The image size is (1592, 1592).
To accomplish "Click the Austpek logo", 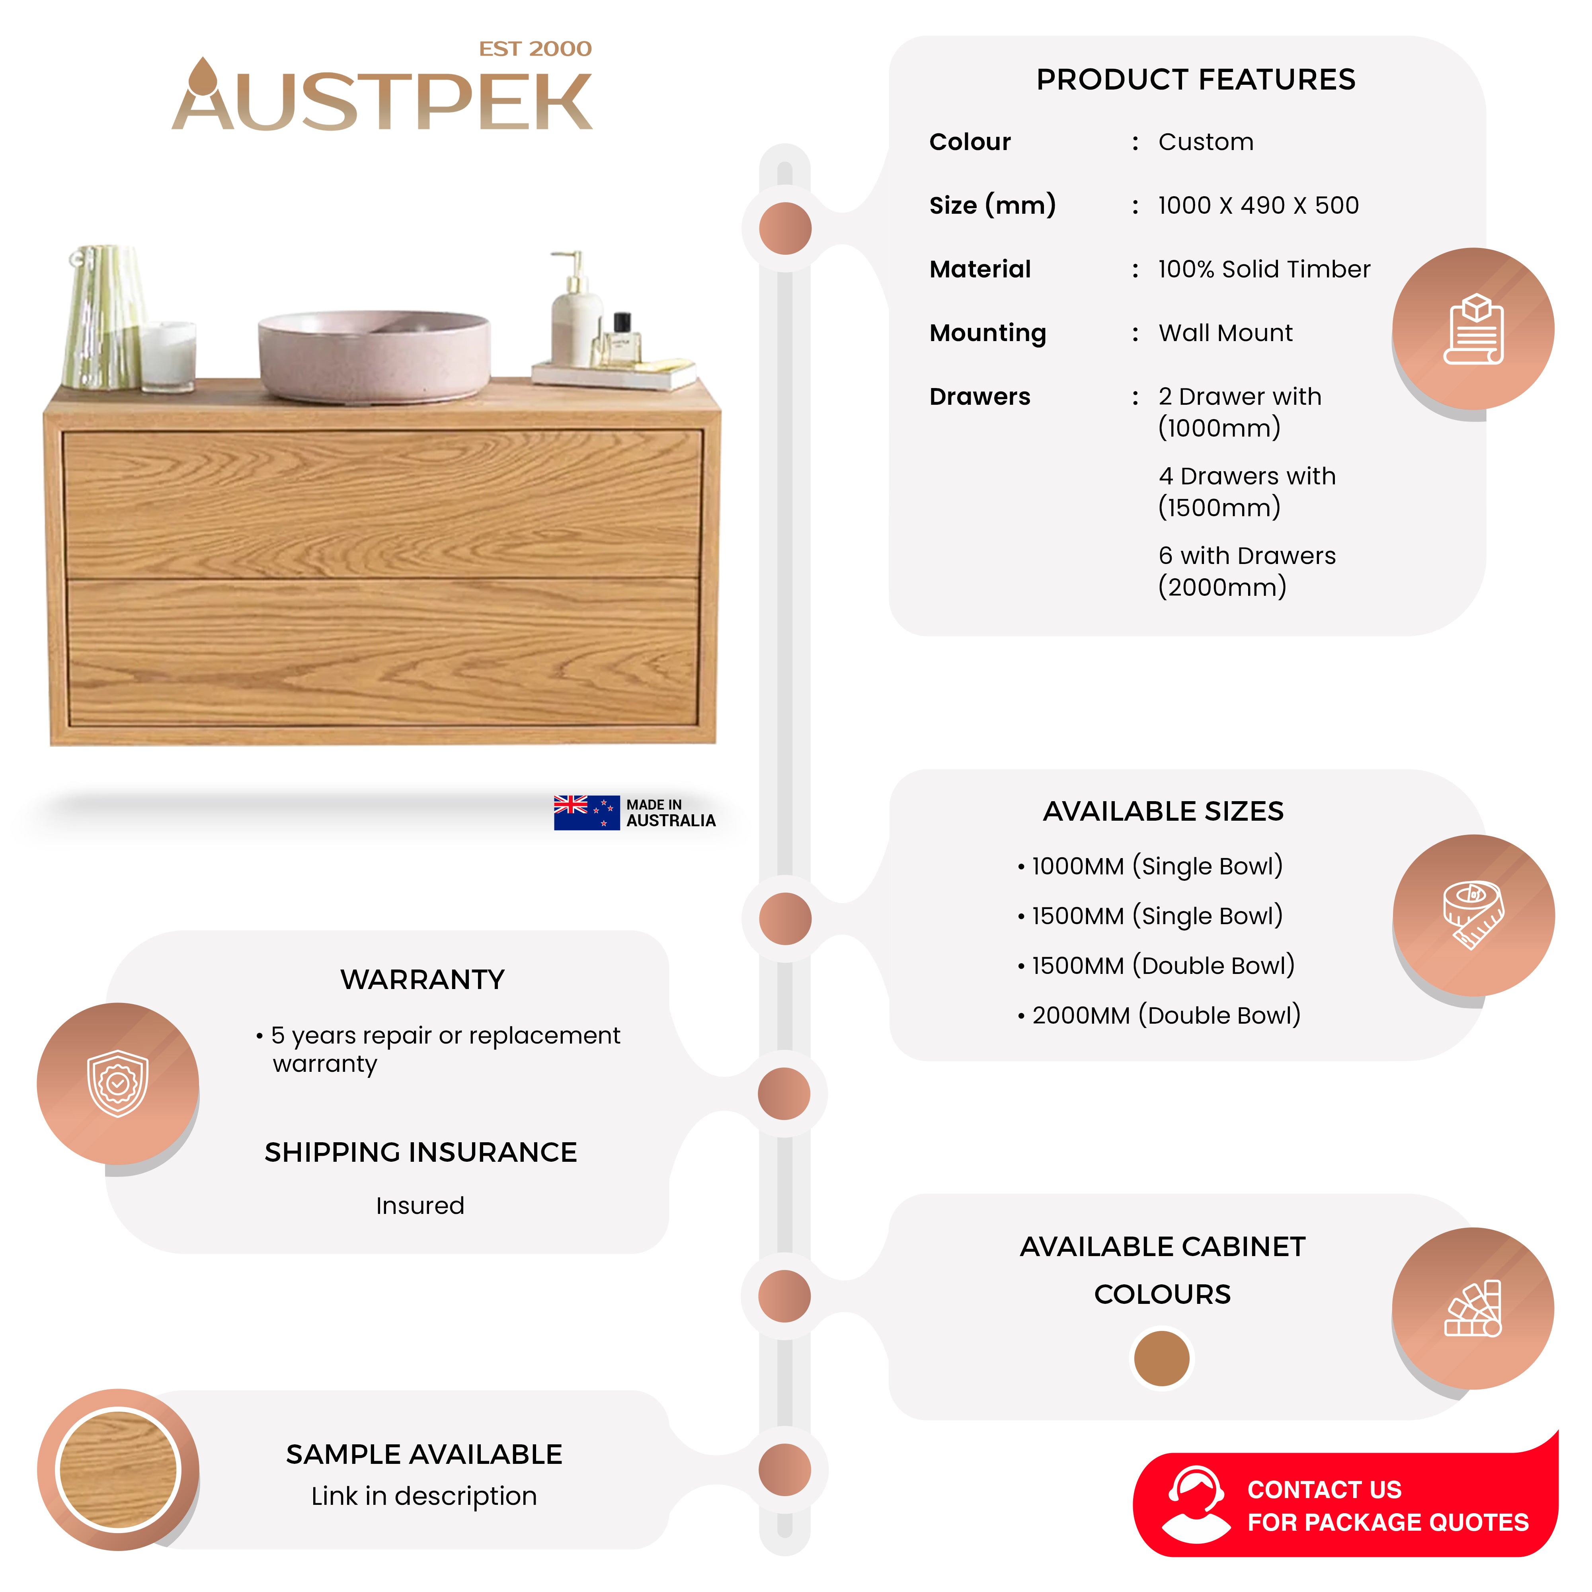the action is (382, 95).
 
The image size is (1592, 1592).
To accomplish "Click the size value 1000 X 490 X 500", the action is (1258, 205).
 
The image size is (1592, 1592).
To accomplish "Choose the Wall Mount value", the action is (1225, 333).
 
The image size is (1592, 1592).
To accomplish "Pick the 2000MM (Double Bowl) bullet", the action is (1159, 1015).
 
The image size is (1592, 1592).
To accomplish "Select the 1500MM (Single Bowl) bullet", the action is (1150, 915).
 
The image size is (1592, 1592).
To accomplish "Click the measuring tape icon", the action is (1473, 915).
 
